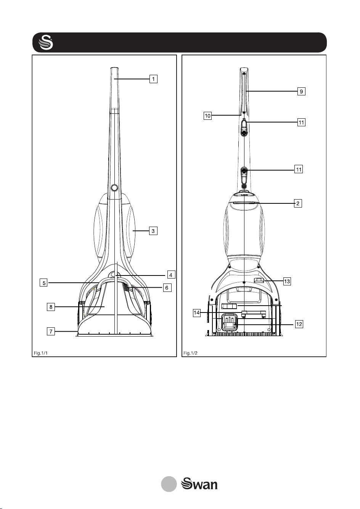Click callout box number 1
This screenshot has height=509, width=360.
153,79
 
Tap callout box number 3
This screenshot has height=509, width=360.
153,231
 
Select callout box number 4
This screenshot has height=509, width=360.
171,275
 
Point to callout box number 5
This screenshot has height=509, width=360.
43,283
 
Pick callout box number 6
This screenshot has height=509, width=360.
167,288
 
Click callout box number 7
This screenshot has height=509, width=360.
51,331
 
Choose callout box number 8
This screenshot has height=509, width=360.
51,307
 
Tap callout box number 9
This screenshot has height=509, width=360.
301,91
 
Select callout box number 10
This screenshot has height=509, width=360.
207,116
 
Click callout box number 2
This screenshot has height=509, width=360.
298,203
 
